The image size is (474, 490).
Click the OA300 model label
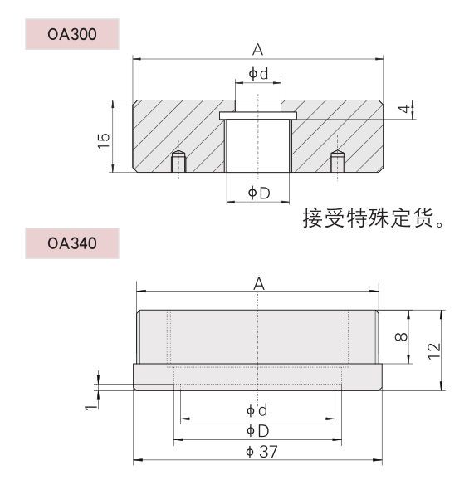point(72,34)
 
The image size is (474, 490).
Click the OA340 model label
point(72,243)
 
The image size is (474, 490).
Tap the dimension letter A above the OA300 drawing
point(257,49)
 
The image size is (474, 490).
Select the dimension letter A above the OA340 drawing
point(259,283)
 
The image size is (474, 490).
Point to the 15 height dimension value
point(104,141)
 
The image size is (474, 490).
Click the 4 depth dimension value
point(404,109)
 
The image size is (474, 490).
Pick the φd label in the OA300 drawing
point(258,74)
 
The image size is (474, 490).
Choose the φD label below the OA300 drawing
point(258,193)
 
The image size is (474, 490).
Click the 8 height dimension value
point(401,336)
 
